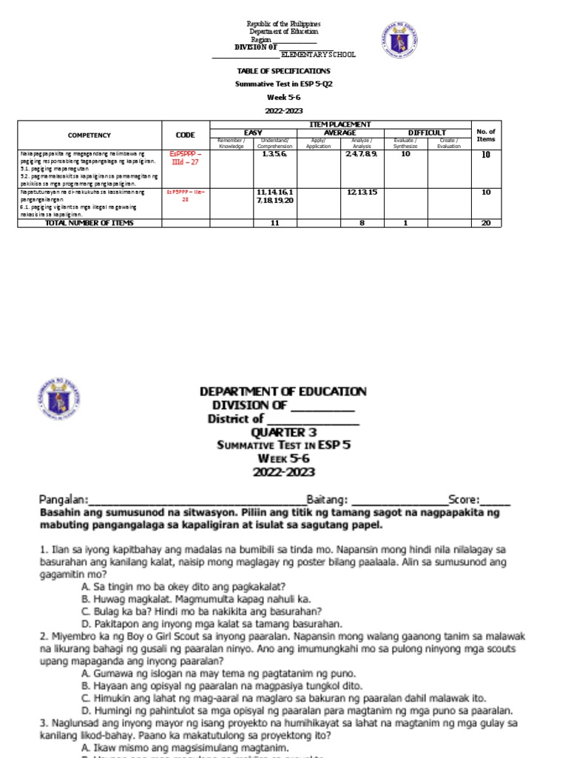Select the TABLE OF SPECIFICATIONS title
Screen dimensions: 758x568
(283, 71)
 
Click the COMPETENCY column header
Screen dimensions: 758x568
(89, 135)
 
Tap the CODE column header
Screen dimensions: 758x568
(186, 135)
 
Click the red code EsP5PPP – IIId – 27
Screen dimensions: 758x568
(186, 158)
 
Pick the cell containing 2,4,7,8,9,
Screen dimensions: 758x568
(362, 154)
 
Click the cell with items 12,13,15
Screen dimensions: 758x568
(362, 192)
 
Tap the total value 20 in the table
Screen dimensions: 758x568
(485, 223)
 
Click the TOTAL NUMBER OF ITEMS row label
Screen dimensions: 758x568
(89, 223)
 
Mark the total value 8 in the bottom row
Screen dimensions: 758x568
(362, 223)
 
